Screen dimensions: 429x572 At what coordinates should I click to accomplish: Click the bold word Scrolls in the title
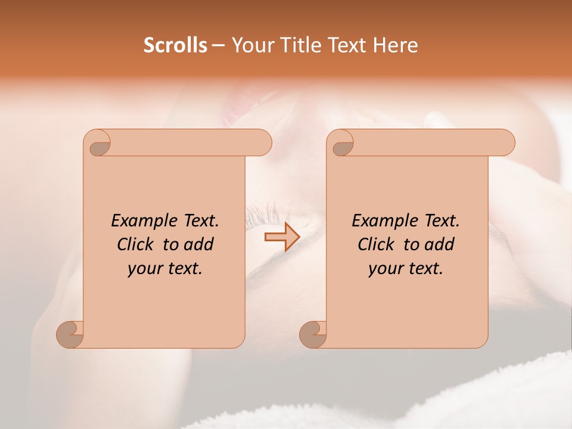point(176,45)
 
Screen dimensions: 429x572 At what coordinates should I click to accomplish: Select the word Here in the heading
point(396,45)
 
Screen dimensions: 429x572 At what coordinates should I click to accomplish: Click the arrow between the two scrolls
point(282,238)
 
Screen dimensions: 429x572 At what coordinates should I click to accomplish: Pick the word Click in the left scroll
point(130,244)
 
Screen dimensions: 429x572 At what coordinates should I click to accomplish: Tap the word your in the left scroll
point(144,269)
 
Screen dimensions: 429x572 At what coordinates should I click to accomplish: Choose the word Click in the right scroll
point(371,244)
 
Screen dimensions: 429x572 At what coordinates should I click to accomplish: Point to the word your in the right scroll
point(384,269)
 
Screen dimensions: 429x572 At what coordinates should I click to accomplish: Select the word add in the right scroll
point(440,244)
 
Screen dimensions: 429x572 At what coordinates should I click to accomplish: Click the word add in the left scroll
point(199,244)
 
